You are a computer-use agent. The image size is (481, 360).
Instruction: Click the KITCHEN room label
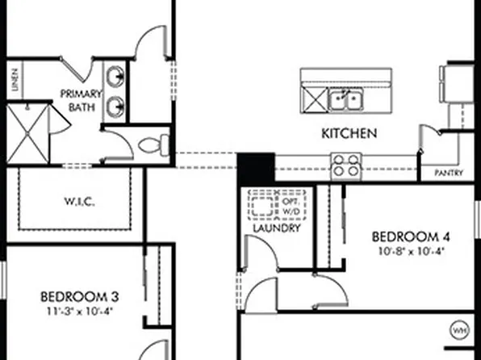(x=348, y=133)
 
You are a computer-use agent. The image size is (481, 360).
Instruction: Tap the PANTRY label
(x=448, y=173)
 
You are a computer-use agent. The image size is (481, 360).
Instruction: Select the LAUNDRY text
(x=276, y=228)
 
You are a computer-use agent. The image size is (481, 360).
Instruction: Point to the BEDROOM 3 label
(x=75, y=295)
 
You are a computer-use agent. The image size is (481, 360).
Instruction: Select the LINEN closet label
(x=15, y=81)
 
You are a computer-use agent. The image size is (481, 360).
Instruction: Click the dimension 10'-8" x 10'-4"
(x=409, y=251)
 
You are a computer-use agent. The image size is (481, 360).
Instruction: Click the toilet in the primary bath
(x=151, y=146)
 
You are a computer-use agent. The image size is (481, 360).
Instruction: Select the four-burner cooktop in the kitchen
(x=347, y=165)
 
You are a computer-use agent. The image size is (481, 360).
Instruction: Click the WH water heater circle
(x=459, y=332)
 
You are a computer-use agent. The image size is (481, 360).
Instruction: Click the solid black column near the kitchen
(x=256, y=169)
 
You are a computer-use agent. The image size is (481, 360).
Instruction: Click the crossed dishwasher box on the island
(x=313, y=99)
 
